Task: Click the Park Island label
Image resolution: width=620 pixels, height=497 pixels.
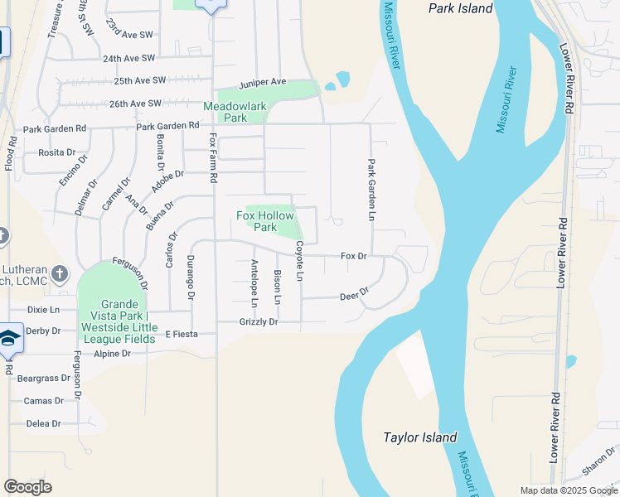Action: (460, 9)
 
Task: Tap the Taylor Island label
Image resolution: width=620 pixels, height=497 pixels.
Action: (420, 437)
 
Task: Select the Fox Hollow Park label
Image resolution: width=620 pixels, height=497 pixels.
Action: (265, 221)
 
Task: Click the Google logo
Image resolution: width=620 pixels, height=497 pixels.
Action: (27, 487)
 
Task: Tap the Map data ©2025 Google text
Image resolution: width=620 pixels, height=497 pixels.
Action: (569, 490)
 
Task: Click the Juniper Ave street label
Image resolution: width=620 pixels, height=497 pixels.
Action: (262, 83)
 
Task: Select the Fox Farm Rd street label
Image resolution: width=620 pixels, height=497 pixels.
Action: (213, 157)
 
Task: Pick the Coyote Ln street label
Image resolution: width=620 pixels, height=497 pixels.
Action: (300, 260)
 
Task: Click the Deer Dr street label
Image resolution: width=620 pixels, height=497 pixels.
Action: (354, 296)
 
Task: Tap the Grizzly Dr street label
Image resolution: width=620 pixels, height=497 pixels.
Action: (259, 321)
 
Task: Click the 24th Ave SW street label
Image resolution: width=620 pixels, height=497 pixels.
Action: (128, 59)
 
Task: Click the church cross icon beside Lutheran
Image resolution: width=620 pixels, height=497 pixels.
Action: (60, 273)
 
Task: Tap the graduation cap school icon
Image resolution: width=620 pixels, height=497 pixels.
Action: (9, 338)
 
